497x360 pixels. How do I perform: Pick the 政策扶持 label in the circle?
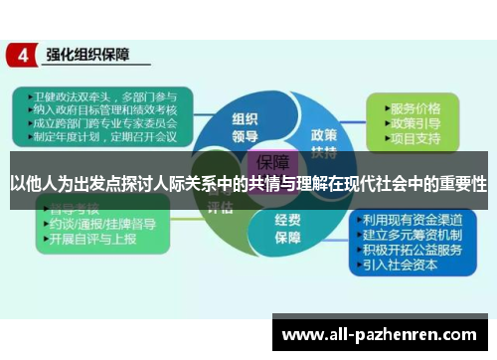coord(324,139)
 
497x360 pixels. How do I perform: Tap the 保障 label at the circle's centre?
coord(272,162)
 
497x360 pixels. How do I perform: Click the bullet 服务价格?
coord(416,106)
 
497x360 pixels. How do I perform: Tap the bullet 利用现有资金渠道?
coord(413,220)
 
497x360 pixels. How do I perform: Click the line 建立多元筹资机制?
coord(413,235)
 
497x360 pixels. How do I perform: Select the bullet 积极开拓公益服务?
coord(413,250)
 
